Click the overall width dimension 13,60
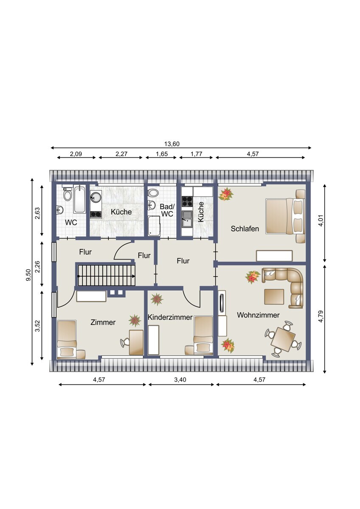172,144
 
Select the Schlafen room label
245,229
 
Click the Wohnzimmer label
258,315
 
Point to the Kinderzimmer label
170,317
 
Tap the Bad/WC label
167,210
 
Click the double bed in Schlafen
285,216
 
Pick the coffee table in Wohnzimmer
274,296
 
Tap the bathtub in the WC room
79,199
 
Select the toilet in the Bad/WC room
153,193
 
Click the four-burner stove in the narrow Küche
187,201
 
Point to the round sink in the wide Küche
96,197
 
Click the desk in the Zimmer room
136,343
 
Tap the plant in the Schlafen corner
226,194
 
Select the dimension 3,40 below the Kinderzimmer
180,380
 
